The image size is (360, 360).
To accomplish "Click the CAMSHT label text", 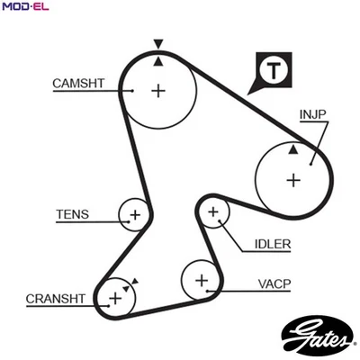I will (x=78, y=84).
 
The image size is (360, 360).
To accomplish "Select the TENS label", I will (x=72, y=214).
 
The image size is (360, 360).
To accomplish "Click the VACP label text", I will (x=274, y=284).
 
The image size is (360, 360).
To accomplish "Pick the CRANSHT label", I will (x=55, y=299).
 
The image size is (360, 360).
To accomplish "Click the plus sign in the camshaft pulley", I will (x=159, y=91).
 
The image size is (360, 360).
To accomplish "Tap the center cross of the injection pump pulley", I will (x=292, y=179).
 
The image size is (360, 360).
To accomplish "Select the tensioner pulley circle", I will (x=134, y=215).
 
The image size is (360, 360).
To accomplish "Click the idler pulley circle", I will (x=213, y=213).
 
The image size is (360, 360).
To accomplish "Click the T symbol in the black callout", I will (x=272, y=68).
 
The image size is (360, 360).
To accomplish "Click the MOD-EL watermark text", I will (x=24, y=8).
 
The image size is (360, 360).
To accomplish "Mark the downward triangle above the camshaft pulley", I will (x=158, y=43).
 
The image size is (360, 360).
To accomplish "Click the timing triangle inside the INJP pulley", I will (x=292, y=148).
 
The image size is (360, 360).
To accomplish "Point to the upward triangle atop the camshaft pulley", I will (x=158, y=60).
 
